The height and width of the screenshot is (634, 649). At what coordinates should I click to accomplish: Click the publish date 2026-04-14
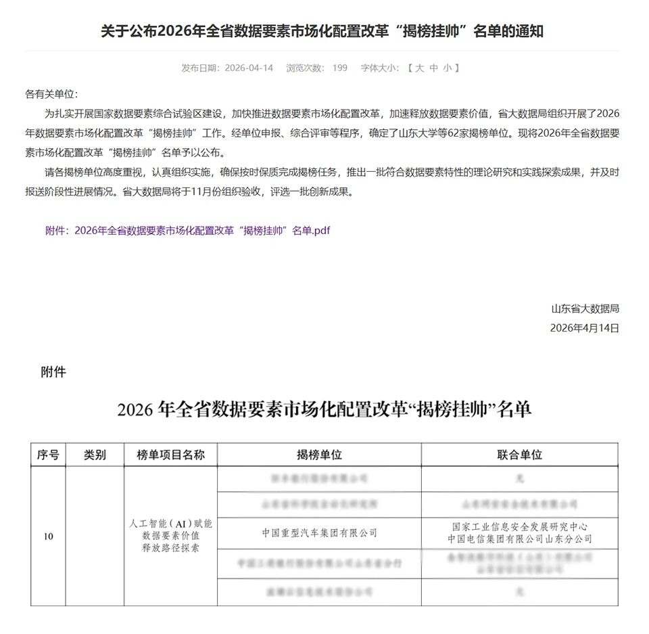[249, 68]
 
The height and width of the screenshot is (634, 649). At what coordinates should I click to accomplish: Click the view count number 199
[340, 68]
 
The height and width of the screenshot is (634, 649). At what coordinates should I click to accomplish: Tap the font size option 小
[448, 68]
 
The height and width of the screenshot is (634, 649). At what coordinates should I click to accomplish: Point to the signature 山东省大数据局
[585, 309]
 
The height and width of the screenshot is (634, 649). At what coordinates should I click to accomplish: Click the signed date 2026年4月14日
[585, 328]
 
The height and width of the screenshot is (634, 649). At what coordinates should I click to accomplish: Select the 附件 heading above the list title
[53, 371]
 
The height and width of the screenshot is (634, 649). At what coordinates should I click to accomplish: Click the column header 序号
[48, 455]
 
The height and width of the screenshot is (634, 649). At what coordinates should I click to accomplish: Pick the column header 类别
[95, 455]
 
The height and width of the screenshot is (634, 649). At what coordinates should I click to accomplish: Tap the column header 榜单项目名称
[170, 455]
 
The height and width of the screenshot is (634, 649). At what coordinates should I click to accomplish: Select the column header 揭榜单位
[319, 455]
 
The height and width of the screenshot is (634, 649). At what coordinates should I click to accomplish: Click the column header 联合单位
[519, 455]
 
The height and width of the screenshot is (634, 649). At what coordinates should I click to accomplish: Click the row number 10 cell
[48, 537]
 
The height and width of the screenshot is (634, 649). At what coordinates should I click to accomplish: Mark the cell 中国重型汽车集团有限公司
[319, 533]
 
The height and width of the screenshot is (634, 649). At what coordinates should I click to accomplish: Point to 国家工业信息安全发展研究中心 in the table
[519, 527]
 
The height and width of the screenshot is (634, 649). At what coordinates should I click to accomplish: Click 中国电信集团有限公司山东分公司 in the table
[519, 539]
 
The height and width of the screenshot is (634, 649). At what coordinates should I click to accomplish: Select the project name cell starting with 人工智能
[170, 536]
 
